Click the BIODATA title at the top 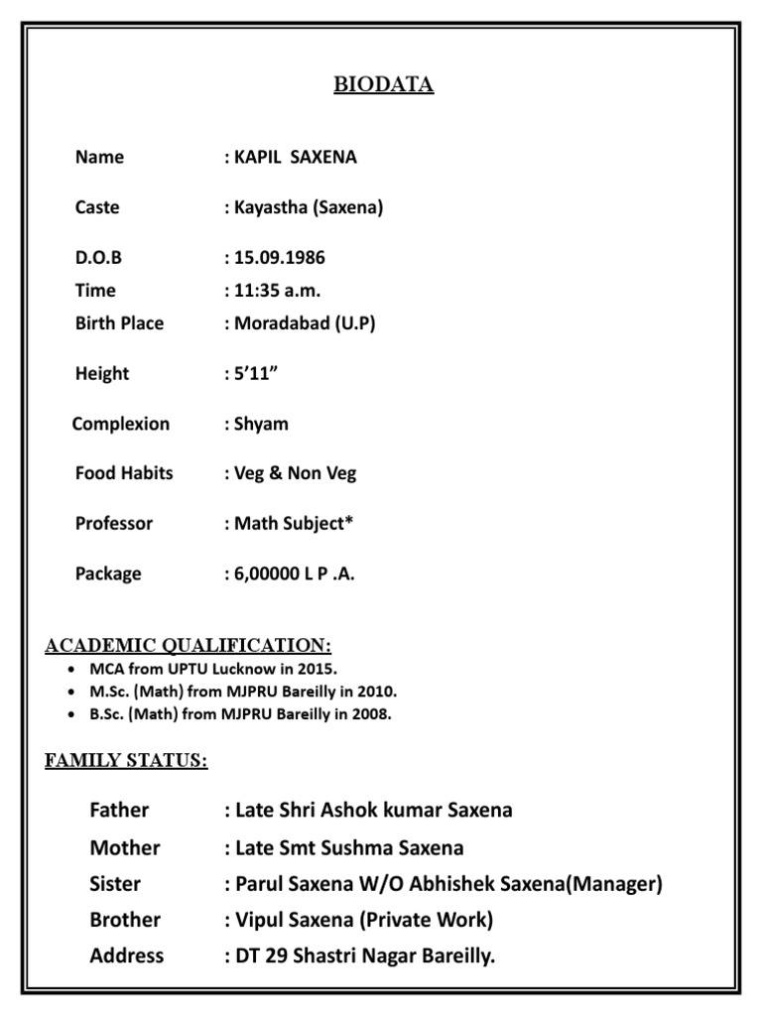[x=383, y=85]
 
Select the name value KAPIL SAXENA [x=295, y=157]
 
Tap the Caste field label [x=97, y=207]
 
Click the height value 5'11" [x=253, y=374]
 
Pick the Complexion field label [x=120, y=425]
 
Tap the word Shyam [x=261, y=425]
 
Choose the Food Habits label [x=124, y=473]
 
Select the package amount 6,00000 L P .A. [x=293, y=573]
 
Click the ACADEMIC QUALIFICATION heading [x=189, y=647]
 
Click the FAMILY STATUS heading [x=126, y=761]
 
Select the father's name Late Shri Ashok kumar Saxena [x=373, y=811]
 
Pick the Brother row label [x=125, y=920]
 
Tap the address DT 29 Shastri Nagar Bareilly [x=365, y=956]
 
